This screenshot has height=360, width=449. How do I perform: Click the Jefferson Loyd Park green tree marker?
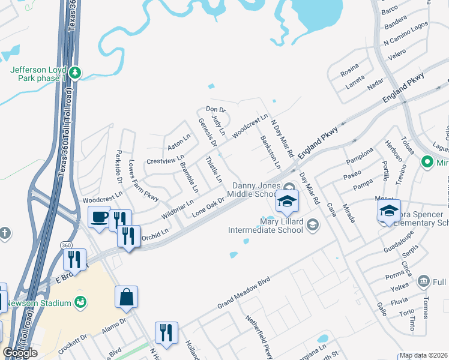coord(75,73)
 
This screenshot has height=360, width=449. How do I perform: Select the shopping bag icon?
coord(127,297)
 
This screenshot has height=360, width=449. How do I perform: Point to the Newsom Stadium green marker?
coord(81,301)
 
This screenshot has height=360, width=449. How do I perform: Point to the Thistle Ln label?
coord(214,170)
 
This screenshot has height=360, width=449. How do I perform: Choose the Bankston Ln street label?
coord(270,152)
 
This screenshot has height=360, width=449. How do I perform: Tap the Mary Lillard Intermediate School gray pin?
coord(312,224)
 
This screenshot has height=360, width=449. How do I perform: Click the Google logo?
coord(20,353)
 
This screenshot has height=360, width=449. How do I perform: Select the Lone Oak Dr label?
coord(208,207)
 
